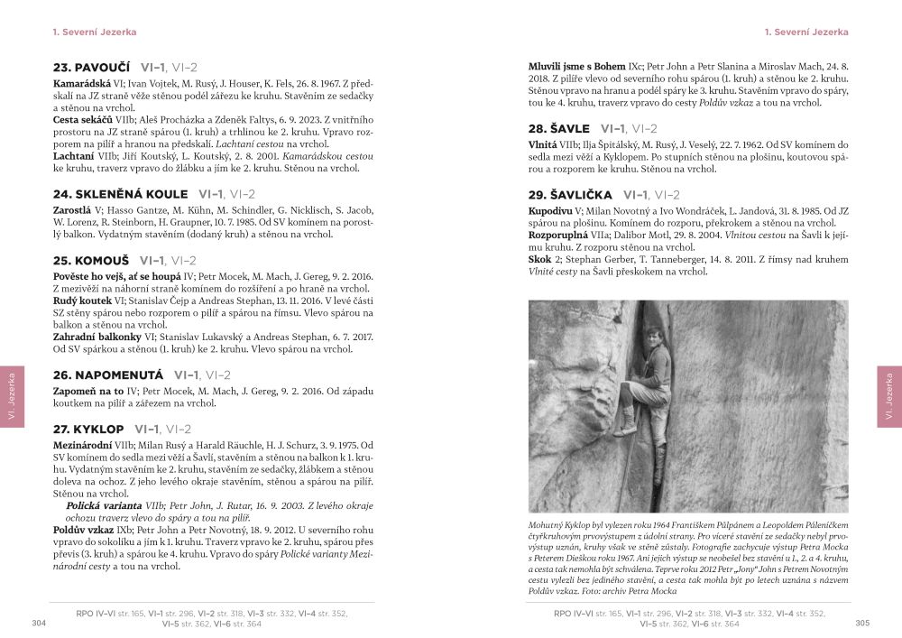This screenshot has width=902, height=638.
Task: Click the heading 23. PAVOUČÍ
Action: pyautogui.click(x=92, y=67)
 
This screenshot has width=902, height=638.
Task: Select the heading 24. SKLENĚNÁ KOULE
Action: pyautogui.click(x=121, y=194)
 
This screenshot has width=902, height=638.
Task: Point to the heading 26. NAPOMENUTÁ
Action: pyautogui.click(x=108, y=374)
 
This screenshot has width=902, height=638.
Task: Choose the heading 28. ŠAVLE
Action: pyautogui.click(x=559, y=128)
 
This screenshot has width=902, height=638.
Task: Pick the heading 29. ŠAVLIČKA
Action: pyautogui.click(x=571, y=195)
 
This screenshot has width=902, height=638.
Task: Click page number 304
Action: pyautogui.click(x=39, y=623)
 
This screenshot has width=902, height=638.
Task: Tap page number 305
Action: pyautogui.click(x=862, y=623)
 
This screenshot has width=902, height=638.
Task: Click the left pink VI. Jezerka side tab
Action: pyautogui.click(x=13, y=396)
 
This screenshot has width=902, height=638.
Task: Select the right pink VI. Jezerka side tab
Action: pyautogui.click(x=888, y=396)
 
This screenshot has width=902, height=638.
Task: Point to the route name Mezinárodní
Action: pyautogui.click(x=87, y=445)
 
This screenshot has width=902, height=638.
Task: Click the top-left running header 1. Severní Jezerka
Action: pyautogui.click(x=95, y=32)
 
